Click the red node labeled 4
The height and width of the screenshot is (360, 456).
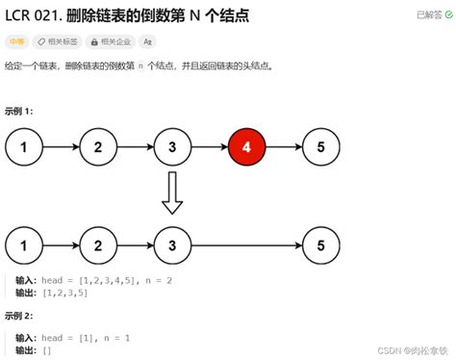(247, 148)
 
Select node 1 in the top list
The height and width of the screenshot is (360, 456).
(23, 148)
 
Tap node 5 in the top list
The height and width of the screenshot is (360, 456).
(320, 148)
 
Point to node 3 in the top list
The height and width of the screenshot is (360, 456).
(172, 148)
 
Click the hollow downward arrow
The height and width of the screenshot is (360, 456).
(172, 193)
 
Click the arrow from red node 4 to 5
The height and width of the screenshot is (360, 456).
(284, 148)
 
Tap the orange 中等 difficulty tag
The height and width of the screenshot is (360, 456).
(16, 42)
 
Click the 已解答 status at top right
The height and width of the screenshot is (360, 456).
(431, 15)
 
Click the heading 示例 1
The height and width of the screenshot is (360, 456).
(19, 111)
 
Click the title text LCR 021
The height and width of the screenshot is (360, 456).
(34, 15)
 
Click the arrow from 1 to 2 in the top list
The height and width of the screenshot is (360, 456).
(61, 148)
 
